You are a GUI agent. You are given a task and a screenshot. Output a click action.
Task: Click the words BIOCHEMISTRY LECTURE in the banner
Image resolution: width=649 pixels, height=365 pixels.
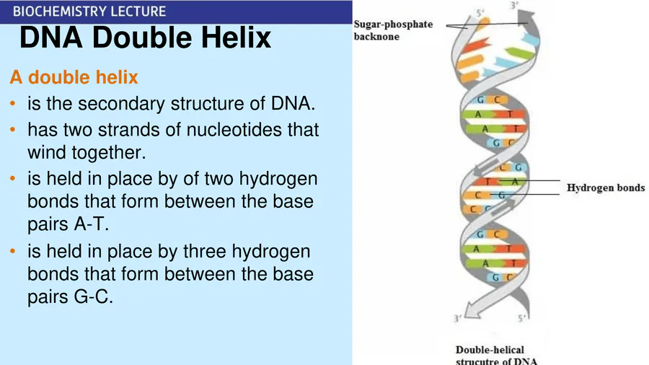tap(89, 11)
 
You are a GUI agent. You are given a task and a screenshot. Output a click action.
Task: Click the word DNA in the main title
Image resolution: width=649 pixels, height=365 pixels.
tap(51, 38)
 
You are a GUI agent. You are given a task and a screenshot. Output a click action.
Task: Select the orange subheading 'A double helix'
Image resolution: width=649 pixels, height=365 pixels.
tap(74, 77)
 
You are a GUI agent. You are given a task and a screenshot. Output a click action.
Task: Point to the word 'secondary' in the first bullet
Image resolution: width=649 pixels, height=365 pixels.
tap(121, 103)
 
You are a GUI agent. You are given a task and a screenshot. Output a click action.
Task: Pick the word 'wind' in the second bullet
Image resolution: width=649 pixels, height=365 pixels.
tap(47, 152)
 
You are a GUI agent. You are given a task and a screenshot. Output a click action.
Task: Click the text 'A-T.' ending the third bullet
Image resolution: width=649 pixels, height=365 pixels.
tap(91, 224)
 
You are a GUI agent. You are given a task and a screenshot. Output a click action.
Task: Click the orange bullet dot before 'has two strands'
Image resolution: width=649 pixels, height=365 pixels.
tap(13, 130)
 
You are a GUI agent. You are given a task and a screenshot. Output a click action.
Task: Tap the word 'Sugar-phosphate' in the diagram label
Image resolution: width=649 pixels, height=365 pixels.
tap(393, 24)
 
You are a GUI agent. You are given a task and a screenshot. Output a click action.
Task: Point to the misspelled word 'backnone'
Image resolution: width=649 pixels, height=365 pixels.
tap(376, 36)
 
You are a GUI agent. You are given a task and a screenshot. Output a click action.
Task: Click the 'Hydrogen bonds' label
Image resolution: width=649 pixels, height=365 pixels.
tap(606, 188)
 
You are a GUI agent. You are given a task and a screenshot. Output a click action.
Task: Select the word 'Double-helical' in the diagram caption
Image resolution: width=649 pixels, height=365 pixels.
tap(490, 350)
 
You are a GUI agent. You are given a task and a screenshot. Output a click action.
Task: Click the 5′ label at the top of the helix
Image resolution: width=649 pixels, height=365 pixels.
tap(480, 13)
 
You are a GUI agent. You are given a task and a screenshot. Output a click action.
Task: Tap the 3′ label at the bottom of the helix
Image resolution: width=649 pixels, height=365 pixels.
tap(458, 318)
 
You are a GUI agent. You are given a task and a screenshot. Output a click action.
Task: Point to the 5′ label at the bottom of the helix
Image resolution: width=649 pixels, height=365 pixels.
tap(522, 318)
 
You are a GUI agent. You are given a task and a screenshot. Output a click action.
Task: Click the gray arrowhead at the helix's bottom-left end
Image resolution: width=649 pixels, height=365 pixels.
tap(472, 311)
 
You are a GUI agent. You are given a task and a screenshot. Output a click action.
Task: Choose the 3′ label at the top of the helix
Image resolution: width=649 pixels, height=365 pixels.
tap(514, 5)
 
